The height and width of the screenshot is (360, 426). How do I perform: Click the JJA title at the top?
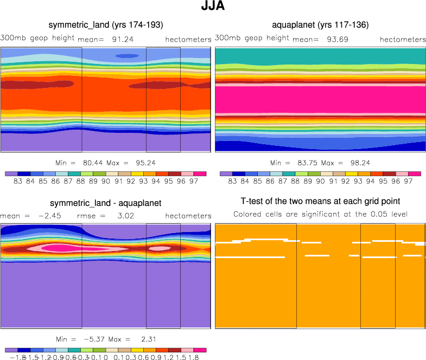213,7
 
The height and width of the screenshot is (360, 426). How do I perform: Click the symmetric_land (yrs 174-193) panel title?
106,25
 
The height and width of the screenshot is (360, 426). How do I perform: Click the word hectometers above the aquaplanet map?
403,40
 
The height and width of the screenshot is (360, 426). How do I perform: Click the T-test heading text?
320,203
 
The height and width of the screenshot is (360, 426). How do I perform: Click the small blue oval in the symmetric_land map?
127,56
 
